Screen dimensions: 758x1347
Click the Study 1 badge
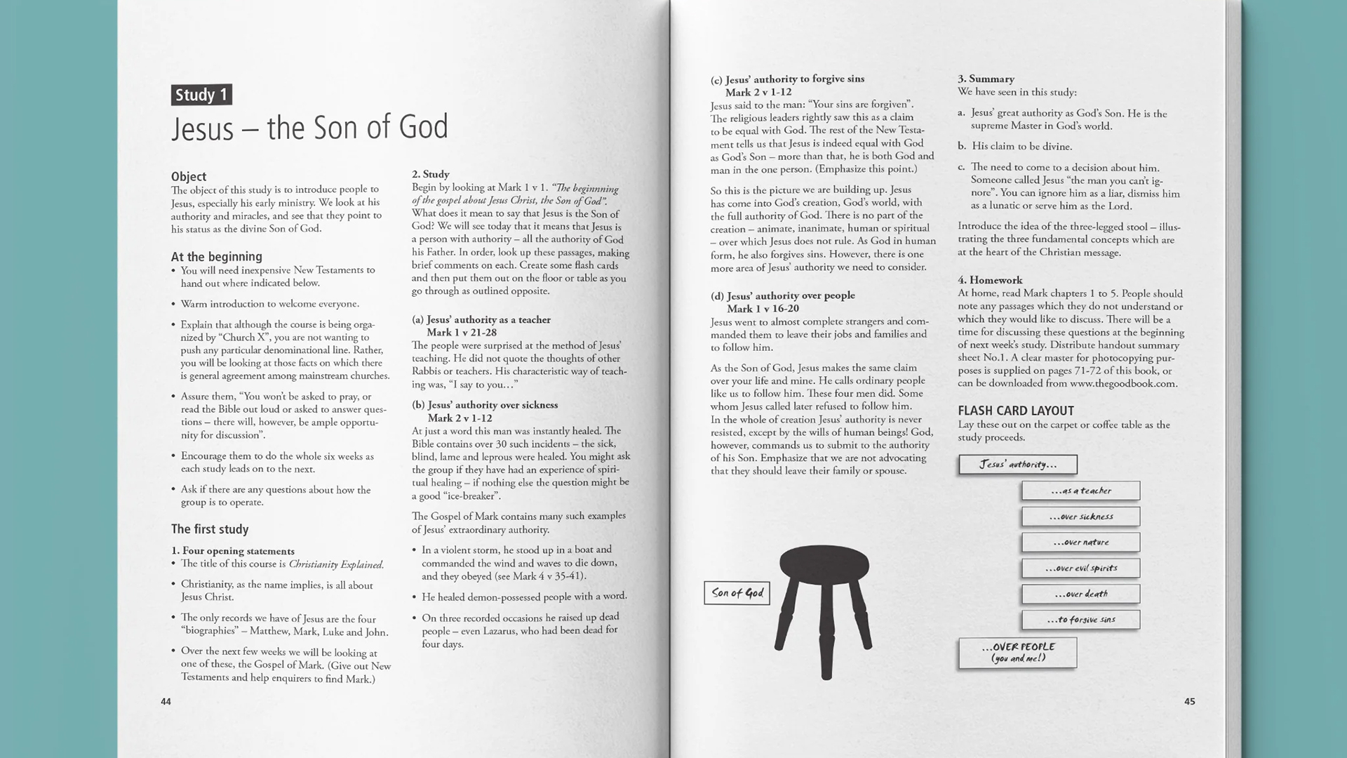[x=201, y=95]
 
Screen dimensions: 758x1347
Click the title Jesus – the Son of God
[x=309, y=128]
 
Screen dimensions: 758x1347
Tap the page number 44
[x=166, y=701]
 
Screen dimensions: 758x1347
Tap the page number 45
[x=1189, y=701]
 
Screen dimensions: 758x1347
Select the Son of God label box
[x=737, y=593]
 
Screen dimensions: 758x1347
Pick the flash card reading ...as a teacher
[x=1080, y=491]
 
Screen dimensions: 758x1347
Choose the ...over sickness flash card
[x=1080, y=517]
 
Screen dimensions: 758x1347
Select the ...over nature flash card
[x=1080, y=543]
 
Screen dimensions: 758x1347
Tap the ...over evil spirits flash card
[x=1080, y=568]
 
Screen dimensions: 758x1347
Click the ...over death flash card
[x=1080, y=594]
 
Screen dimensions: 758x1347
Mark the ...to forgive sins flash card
[x=1080, y=620]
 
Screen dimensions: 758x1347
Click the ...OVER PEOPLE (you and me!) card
[x=1017, y=653]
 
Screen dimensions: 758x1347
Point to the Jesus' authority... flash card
[x=1017, y=465]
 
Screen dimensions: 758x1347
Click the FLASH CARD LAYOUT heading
[x=1015, y=411]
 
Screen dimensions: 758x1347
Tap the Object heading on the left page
[x=189, y=177]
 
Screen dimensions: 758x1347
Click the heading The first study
[x=210, y=529]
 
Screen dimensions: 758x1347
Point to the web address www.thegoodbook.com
[x=1123, y=384]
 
